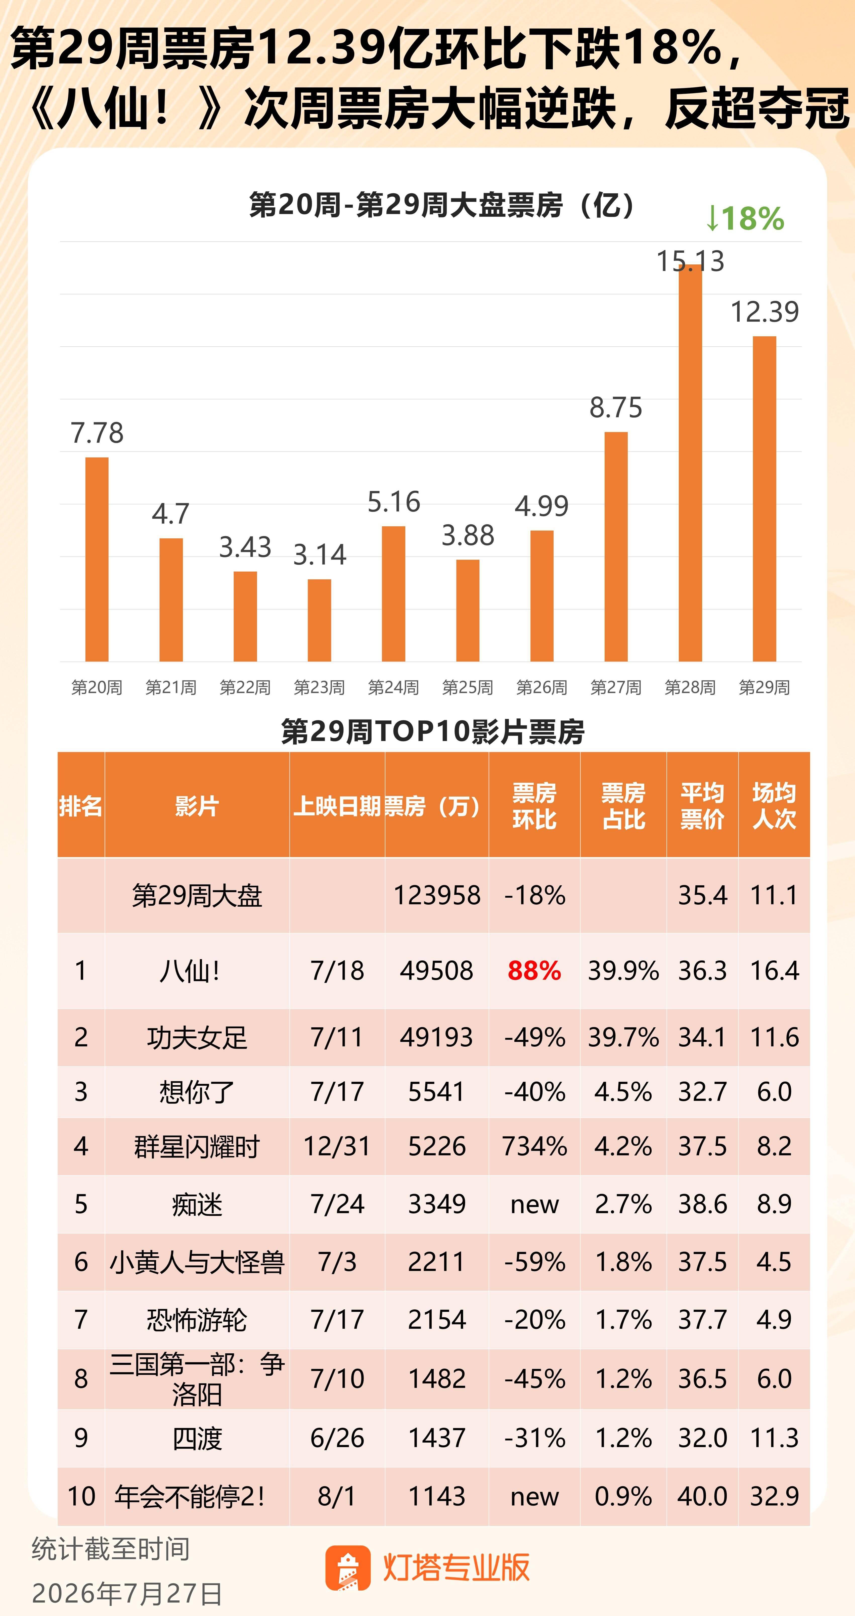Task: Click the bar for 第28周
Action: tap(690, 463)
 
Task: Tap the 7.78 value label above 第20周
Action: tap(97, 433)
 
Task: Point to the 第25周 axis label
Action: tap(467, 687)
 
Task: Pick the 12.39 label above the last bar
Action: tap(765, 312)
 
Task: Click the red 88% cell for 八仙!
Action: tap(534, 971)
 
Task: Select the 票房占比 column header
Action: tap(623, 806)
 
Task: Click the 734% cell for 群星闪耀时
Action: tap(534, 1146)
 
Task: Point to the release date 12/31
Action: tap(337, 1146)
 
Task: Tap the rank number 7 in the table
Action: tap(81, 1319)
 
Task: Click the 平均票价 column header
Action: tap(703, 806)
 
